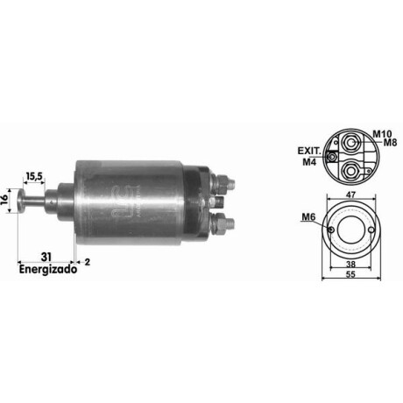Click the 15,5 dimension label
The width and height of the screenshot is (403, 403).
(x=34, y=176)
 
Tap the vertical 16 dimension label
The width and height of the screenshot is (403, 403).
(x=4, y=201)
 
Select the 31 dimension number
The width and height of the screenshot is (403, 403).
(x=46, y=257)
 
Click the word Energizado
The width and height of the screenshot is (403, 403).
(x=48, y=269)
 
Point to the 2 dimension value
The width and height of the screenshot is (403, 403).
(x=88, y=262)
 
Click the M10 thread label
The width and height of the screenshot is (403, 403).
(x=382, y=134)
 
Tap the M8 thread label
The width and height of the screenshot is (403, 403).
(x=390, y=143)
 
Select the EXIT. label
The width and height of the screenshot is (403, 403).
(x=309, y=151)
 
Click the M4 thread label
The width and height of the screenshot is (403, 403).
(x=309, y=162)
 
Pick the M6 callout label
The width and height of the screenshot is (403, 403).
(x=308, y=217)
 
